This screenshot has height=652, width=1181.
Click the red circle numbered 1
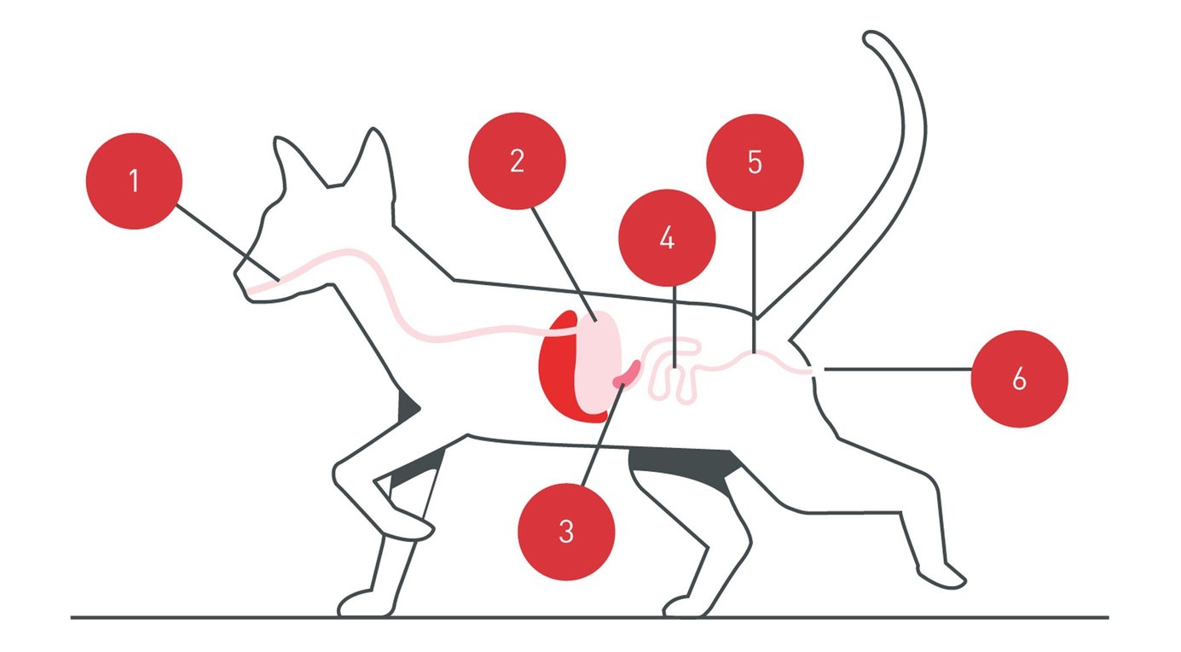click(134, 181)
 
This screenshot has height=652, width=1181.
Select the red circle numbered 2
click(517, 161)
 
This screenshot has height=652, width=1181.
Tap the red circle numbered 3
click(566, 531)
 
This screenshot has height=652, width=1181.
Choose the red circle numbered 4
click(667, 237)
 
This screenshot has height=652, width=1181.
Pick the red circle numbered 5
click(755, 162)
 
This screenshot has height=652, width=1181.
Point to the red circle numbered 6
click(1019, 378)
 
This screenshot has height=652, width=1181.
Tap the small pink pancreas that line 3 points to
click(628, 373)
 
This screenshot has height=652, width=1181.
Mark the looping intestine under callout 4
click(674, 371)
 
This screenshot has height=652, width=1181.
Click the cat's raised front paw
click(409, 527)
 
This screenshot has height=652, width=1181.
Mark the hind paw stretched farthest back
click(942, 576)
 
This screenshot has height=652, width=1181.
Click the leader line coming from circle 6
click(895, 370)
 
